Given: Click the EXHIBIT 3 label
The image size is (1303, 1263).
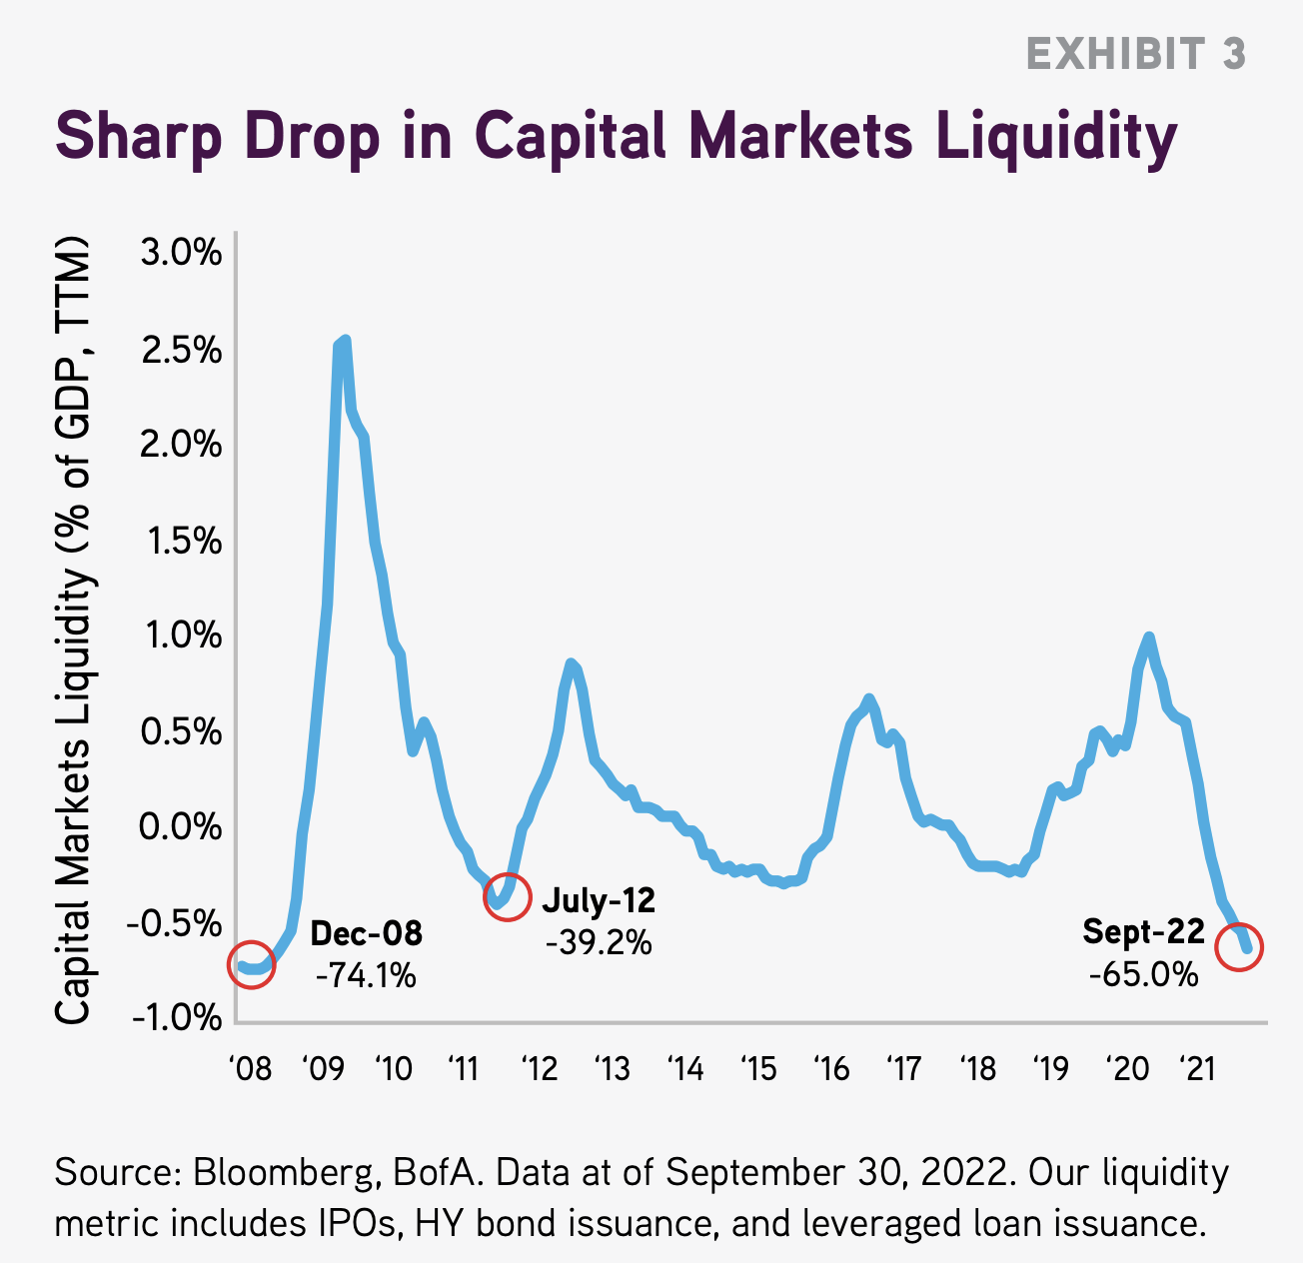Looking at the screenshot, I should (x=1136, y=54).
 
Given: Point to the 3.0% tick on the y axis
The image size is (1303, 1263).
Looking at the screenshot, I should (x=181, y=253).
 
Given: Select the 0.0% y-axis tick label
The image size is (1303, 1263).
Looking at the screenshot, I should (x=181, y=826).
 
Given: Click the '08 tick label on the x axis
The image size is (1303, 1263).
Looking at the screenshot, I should (x=249, y=1068).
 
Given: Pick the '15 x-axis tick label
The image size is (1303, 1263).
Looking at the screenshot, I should (x=758, y=1068).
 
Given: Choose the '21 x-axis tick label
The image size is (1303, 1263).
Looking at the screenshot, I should (x=1197, y=1068).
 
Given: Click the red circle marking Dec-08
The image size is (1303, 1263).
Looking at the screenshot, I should (x=251, y=964).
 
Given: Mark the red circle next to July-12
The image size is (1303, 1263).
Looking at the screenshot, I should (x=507, y=896).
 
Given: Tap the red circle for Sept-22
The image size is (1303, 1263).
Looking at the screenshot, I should (x=1240, y=946).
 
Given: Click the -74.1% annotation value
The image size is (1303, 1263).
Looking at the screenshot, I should (x=366, y=974).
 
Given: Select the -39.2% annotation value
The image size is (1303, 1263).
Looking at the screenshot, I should (x=599, y=941).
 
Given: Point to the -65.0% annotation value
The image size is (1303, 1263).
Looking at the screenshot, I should (x=1143, y=973).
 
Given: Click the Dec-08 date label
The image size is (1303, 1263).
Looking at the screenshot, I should (x=367, y=933).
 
